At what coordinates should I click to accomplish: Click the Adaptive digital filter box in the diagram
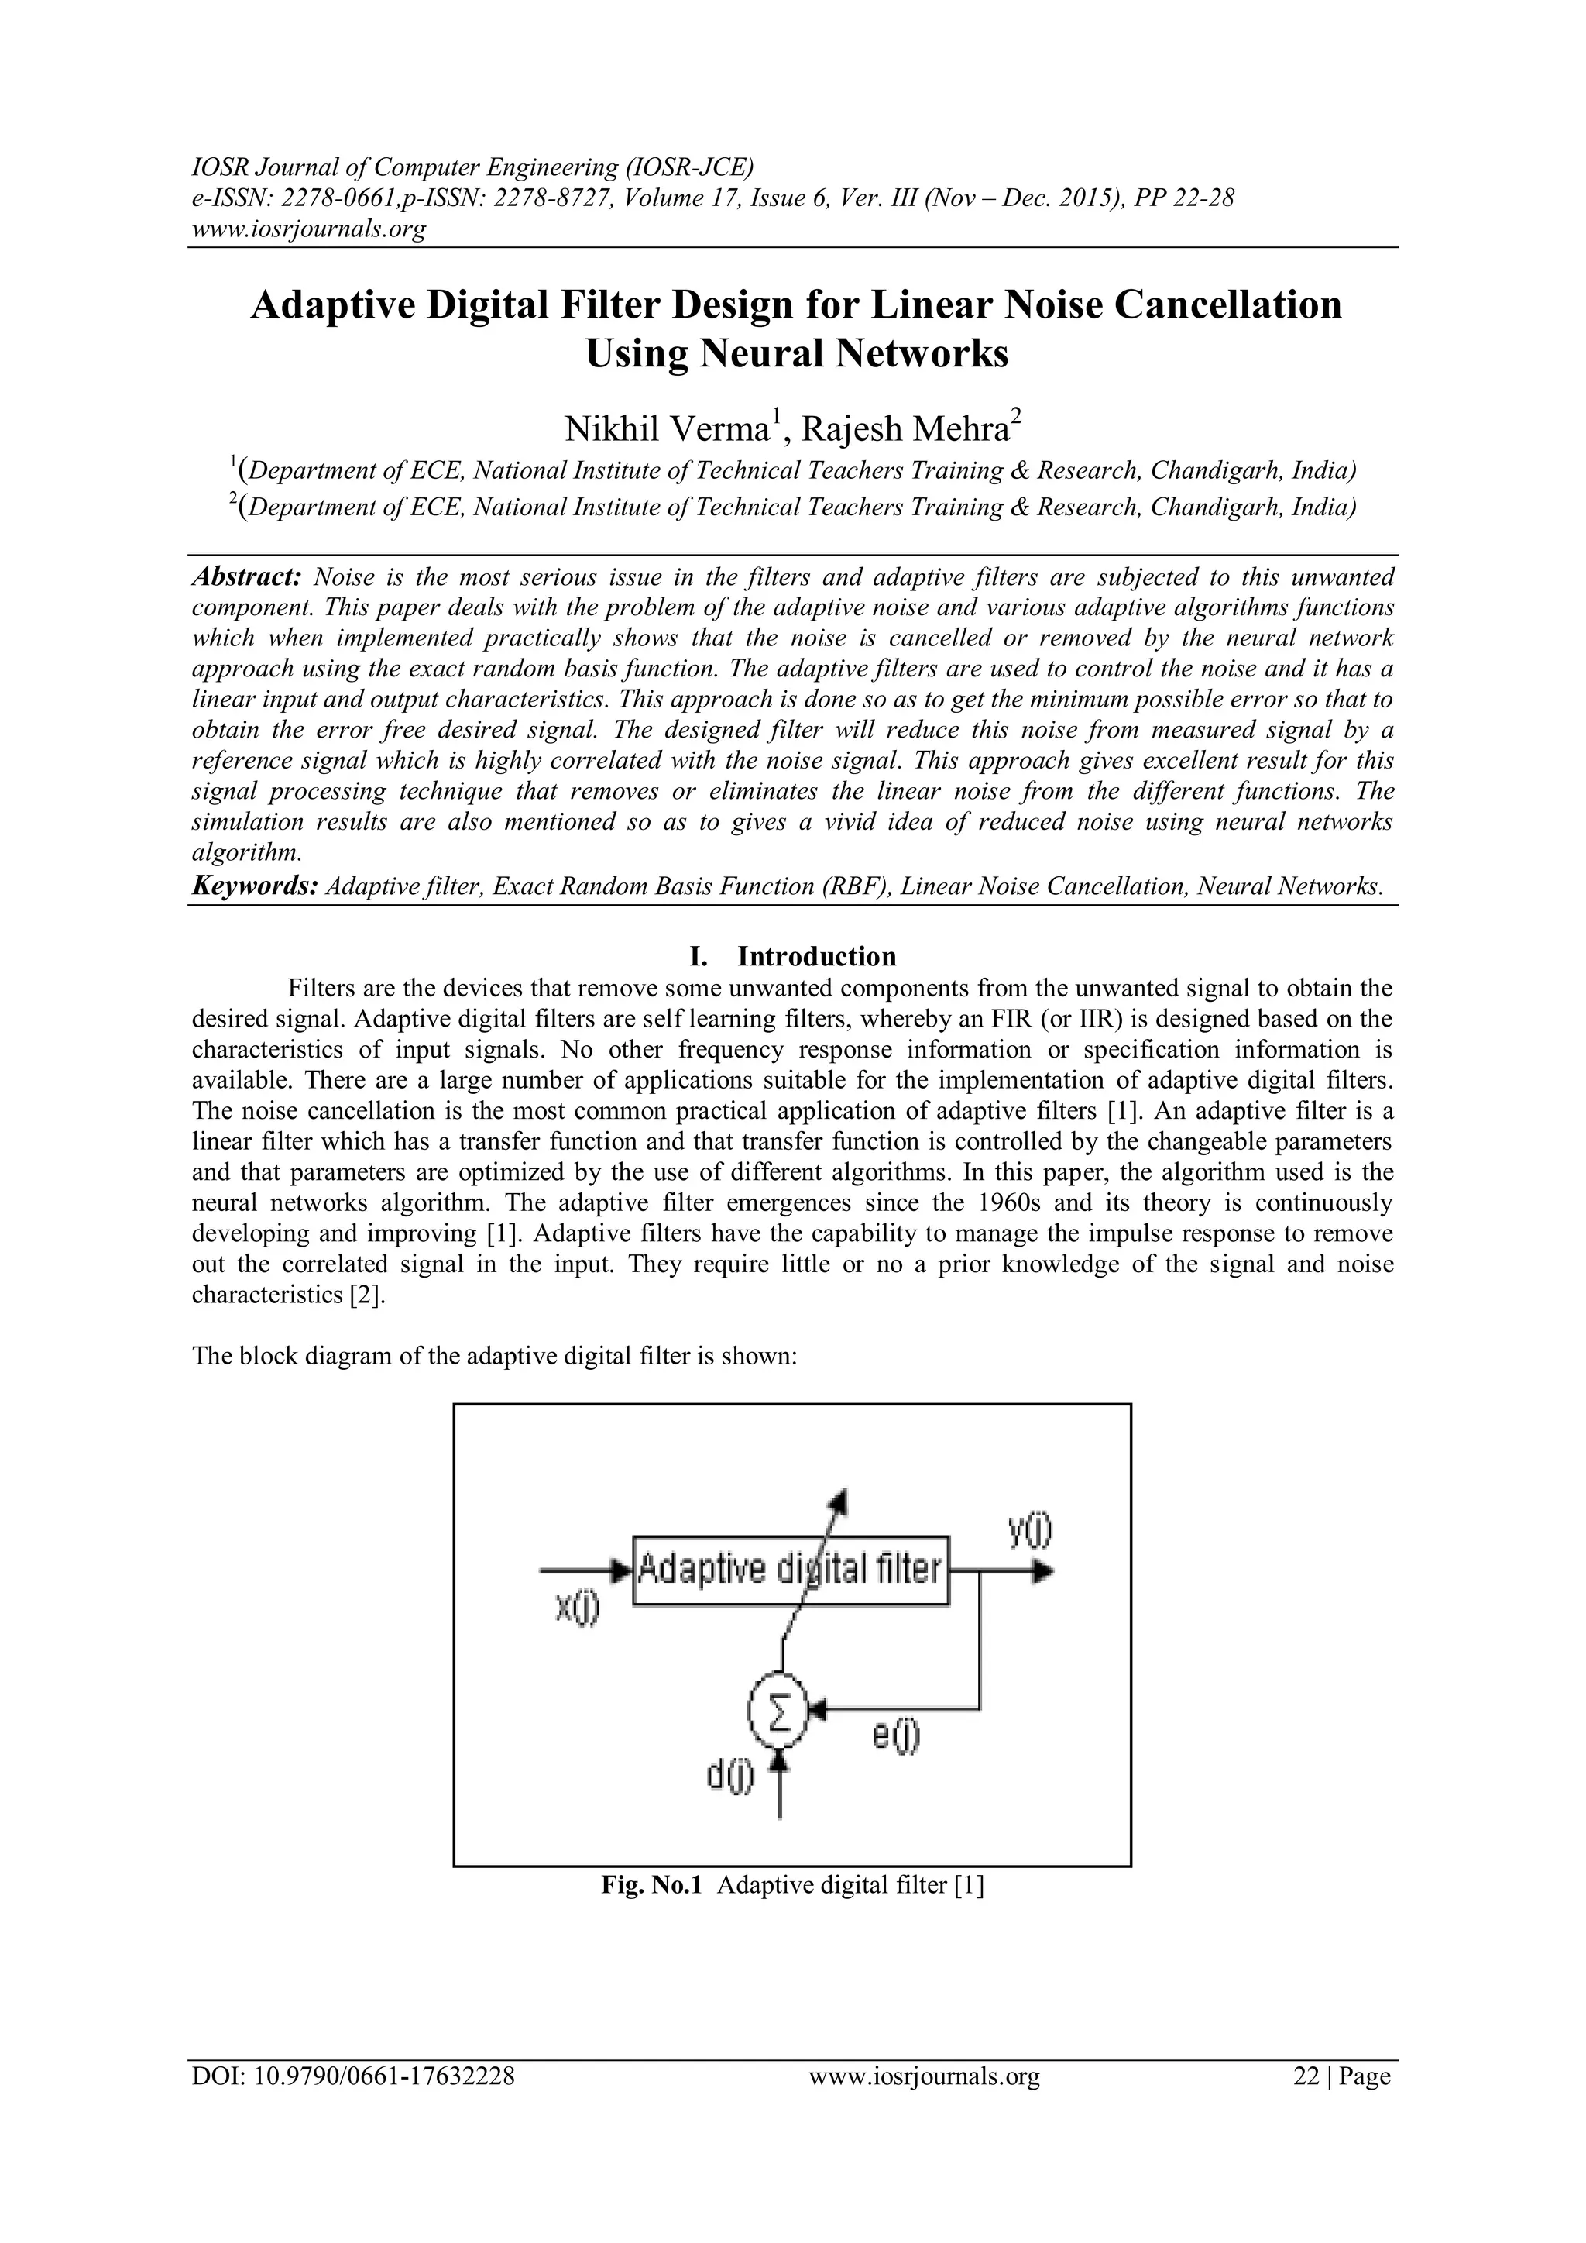tap(790, 1570)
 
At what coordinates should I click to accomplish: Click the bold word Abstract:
tap(249, 576)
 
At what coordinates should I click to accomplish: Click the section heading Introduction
tap(816, 955)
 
